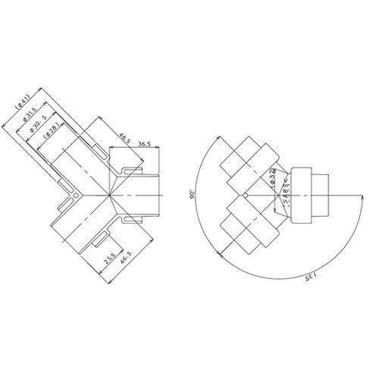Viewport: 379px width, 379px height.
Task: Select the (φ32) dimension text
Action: tap(271, 178)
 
